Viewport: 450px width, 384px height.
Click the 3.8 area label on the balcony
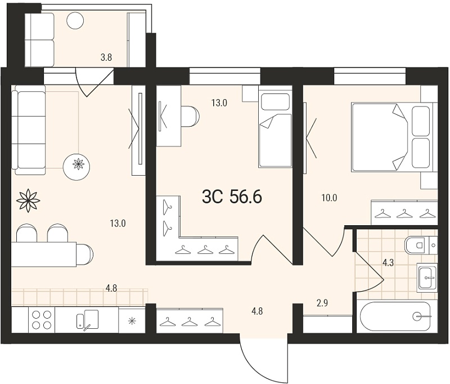(x=106, y=58)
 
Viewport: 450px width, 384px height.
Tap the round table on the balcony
(x=75, y=20)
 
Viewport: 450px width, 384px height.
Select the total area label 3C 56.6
(x=232, y=197)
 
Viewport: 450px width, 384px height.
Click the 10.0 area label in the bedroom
(x=329, y=198)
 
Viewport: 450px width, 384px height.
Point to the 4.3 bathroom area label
(x=388, y=263)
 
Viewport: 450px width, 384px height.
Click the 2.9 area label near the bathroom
(x=322, y=303)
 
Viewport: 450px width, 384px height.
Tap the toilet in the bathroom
(x=421, y=245)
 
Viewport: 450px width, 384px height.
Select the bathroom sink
(x=427, y=278)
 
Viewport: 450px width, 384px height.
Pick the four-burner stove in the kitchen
(x=42, y=320)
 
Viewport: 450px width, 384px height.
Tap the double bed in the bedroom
(x=391, y=137)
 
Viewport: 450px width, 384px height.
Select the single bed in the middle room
(x=275, y=127)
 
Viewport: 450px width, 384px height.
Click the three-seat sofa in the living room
(x=29, y=130)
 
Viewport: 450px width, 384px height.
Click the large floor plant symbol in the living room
(x=28, y=200)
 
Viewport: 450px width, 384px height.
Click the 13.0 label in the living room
(x=118, y=223)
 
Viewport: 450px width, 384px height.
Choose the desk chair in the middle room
(x=190, y=117)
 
